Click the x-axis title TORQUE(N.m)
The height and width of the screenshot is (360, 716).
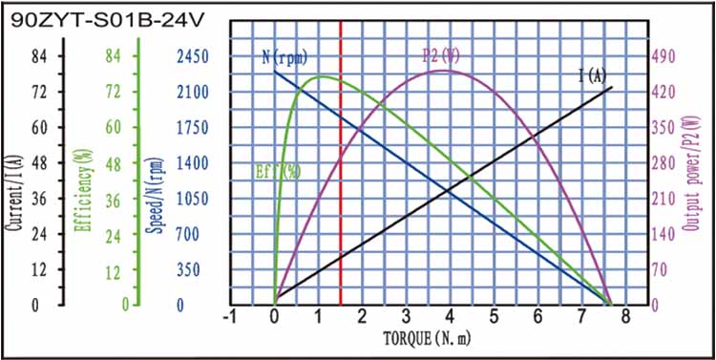427,338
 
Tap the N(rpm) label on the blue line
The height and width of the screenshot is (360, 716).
284,56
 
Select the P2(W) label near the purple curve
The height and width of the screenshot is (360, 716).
440,54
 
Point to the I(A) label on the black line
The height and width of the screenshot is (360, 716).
592,75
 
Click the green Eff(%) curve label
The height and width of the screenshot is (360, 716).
278,172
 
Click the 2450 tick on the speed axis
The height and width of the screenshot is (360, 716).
191,56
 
